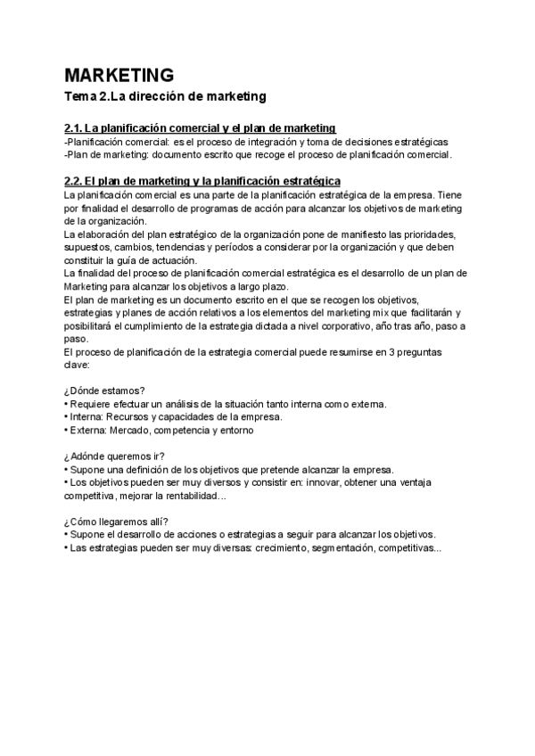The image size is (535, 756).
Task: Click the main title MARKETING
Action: pos(119,74)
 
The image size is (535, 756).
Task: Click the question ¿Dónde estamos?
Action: pos(105,391)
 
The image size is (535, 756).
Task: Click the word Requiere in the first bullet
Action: pos(90,404)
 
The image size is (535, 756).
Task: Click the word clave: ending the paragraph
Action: pos(78,365)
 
